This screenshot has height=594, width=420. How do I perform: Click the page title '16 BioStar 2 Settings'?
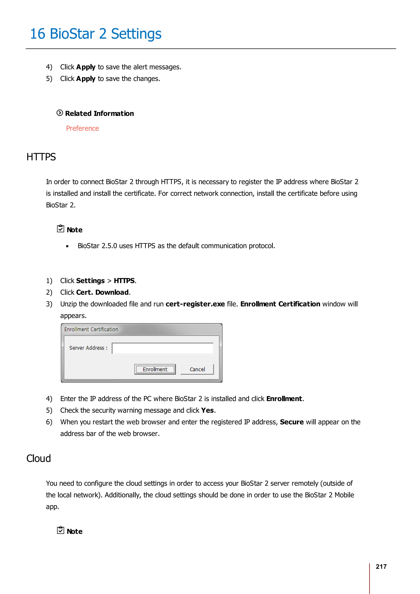tap(96, 34)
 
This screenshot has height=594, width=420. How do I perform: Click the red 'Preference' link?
tap(82, 128)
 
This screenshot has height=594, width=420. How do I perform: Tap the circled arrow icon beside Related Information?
tap(60, 113)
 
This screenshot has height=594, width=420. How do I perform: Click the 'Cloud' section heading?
tap(39, 459)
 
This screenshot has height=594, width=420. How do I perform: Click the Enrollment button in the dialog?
tap(155, 369)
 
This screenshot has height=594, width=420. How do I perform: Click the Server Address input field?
tap(162, 348)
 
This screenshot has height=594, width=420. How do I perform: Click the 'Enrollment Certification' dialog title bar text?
tap(91, 329)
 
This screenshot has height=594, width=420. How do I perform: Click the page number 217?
tap(381, 567)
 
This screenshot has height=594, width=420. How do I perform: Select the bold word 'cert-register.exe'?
tap(195, 304)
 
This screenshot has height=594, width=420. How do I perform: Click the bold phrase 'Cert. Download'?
tap(102, 292)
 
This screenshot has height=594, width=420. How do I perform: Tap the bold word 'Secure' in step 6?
tap(291, 422)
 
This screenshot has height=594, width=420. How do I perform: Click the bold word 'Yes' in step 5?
tap(207, 410)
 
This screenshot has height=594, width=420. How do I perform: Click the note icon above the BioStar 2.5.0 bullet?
tap(60, 229)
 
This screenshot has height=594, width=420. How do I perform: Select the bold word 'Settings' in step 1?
tap(90, 281)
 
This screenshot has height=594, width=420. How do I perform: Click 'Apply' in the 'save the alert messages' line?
tap(86, 67)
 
